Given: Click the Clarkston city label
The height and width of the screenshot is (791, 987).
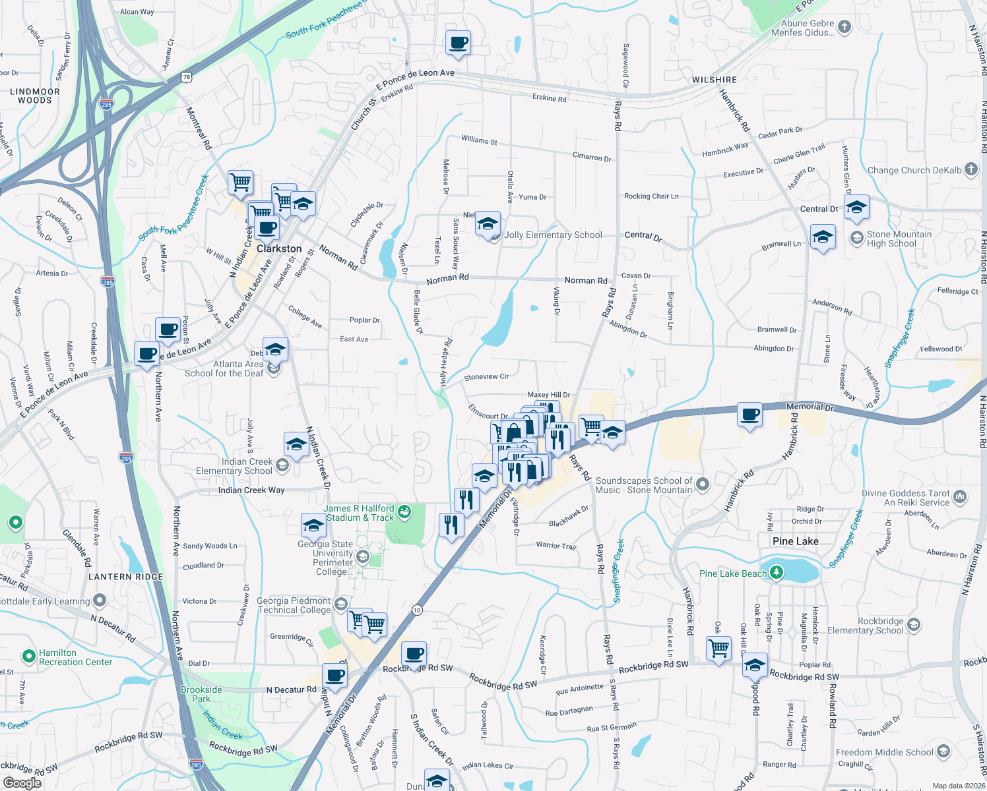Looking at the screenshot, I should (x=279, y=249).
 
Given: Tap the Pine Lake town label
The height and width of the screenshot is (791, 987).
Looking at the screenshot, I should (x=795, y=541).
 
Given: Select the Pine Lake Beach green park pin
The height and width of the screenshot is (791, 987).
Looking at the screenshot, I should (x=777, y=572).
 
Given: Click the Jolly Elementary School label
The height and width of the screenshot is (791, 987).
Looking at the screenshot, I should (x=553, y=235).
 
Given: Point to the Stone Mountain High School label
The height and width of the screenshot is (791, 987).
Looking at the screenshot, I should (x=899, y=239).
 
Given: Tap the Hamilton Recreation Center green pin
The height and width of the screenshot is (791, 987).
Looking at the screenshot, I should (x=28, y=657).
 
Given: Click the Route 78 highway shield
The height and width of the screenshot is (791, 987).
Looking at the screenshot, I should (x=187, y=77).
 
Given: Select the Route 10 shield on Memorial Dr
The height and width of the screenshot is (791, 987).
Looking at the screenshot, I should (x=417, y=610).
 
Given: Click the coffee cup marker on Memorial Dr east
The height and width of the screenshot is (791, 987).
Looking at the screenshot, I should (x=749, y=415).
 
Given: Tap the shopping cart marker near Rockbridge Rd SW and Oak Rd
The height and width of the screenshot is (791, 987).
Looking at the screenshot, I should (x=718, y=647).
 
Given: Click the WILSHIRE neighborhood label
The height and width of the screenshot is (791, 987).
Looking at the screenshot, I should (x=715, y=80).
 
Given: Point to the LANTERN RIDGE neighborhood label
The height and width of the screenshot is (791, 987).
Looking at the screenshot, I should (x=126, y=577).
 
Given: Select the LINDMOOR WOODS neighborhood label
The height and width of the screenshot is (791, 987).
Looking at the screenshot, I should (x=34, y=96).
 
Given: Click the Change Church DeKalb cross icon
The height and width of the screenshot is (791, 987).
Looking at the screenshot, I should (x=971, y=169).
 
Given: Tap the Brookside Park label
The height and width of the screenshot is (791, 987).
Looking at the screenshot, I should (x=201, y=694).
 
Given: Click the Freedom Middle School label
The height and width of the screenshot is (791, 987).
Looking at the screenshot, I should (x=884, y=752).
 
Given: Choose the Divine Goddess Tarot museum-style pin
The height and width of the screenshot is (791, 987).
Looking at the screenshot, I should (x=960, y=496).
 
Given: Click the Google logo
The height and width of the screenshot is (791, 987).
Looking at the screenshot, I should (x=22, y=783).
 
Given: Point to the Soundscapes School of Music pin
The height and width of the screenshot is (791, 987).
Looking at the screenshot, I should (x=702, y=484).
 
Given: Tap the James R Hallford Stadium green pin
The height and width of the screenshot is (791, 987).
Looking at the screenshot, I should (x=404, y=511).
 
